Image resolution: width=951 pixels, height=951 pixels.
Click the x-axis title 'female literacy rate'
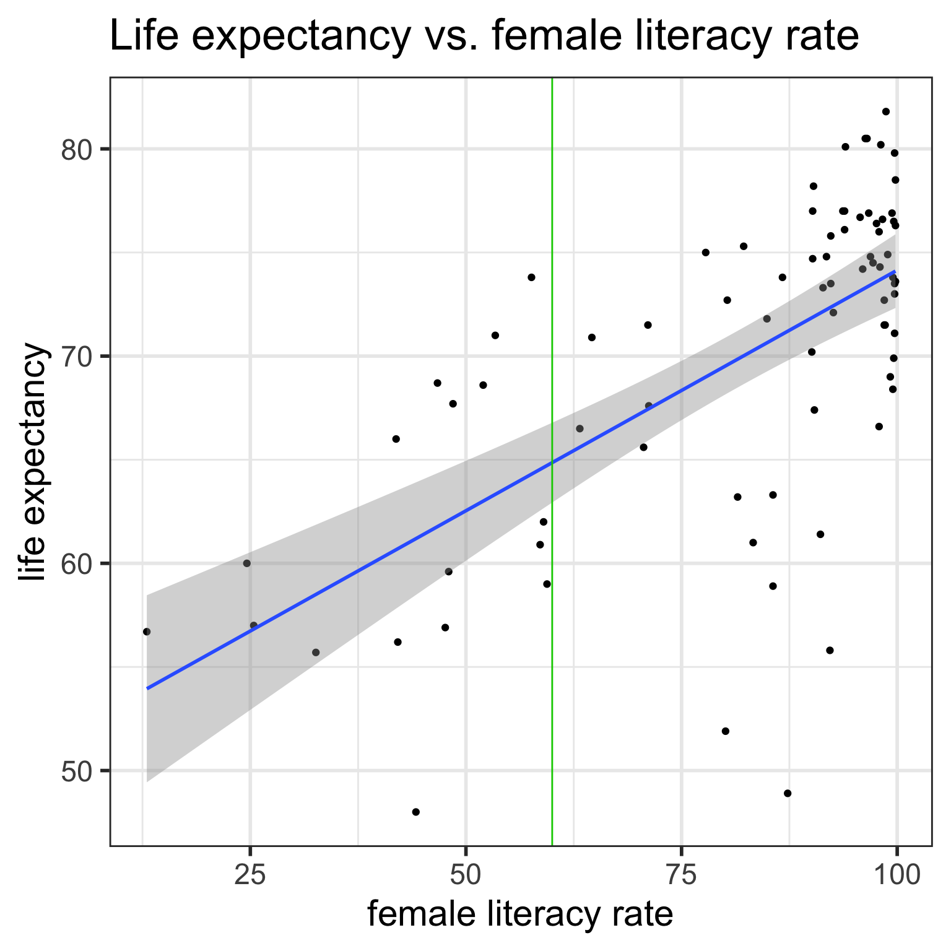click(520, 914)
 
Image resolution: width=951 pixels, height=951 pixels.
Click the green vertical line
click(552, 248)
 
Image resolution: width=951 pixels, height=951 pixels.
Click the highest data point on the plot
click(886, 111)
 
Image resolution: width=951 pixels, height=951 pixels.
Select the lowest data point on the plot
click(416, 812)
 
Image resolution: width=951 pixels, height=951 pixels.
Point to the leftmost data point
click(147, 632)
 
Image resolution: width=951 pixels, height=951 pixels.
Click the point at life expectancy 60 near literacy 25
click(247, 563)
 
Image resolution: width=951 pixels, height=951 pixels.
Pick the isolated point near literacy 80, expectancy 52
click(726, 731)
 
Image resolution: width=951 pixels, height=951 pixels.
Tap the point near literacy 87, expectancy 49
click(788, 793)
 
